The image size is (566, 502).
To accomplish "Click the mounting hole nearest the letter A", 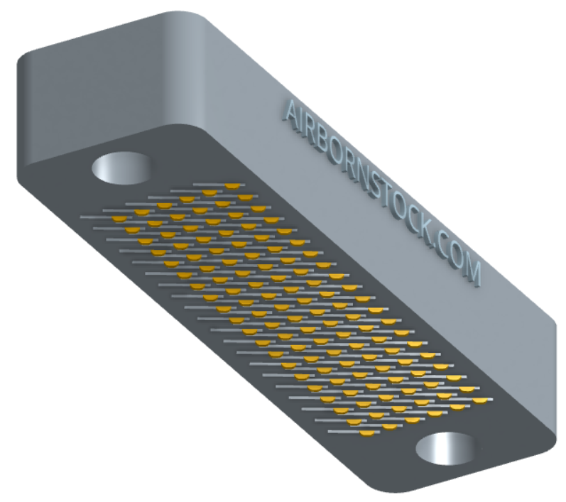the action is pyautogui.click(x=121, y=168).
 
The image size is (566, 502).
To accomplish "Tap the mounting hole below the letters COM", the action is pyautogui.click(x=446, y=449).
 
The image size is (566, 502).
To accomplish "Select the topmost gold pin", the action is pyautogui.click(x=232, y=186).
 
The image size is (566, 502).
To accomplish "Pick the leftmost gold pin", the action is pyautogui.click(x=119, y=219).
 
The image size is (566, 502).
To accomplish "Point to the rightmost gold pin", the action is pyautogui.click(x=480, y=400).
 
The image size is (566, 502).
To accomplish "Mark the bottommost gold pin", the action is pyautogui.click(x=367, y=433).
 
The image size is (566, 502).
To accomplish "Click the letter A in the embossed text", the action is pyautogui.click(x=290, y=112).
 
